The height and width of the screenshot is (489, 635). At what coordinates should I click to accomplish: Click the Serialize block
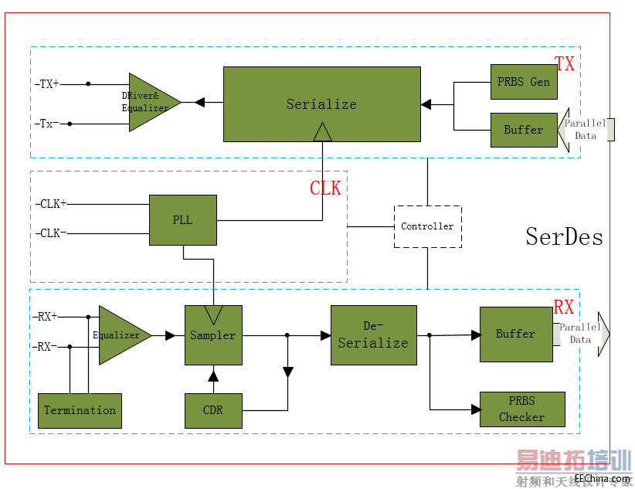pos(321,104)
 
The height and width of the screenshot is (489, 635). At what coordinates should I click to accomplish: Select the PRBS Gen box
pos(524,82)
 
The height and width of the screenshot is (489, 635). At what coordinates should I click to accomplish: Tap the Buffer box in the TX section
pos(524,130)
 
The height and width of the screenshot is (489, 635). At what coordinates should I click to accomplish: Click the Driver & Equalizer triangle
pos(149,102)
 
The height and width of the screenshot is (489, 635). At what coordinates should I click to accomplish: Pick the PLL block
pos(182,220)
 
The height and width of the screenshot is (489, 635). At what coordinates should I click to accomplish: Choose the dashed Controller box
pos(427,226)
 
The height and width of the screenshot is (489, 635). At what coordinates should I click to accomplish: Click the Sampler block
pos(213,335)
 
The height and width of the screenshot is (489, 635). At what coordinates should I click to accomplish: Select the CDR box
pos(213,410)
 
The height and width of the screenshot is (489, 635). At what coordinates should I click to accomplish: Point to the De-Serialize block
pos(373,335)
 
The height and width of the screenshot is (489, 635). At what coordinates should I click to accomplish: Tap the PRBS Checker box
pos(522,409)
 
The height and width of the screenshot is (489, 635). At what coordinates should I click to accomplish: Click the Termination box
pos(80,410)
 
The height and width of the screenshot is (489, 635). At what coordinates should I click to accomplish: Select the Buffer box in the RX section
pos(515,334)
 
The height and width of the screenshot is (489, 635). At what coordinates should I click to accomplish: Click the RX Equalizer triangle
pos(120,335)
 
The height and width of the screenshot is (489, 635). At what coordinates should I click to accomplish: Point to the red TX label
pos(565,64)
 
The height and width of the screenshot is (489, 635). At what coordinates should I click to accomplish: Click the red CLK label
pos(325,188)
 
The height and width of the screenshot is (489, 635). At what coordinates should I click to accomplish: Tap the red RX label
pos(564,307)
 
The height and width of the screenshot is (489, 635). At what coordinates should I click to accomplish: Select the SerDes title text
pos(564,236)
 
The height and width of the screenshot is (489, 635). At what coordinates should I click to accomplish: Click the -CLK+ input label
pos(51,204)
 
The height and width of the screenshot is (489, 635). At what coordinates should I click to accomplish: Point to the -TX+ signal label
pos(47,83)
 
